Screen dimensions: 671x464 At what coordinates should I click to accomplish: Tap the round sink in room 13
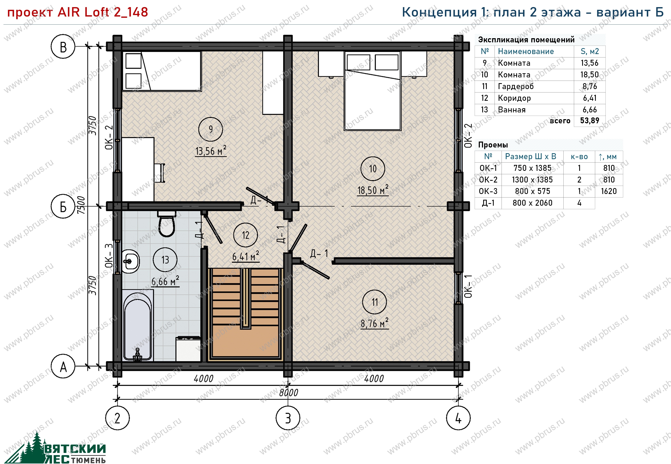[130, 261]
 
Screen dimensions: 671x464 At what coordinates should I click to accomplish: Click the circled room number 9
[211, 129]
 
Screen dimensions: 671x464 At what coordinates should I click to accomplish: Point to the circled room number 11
[375, 302]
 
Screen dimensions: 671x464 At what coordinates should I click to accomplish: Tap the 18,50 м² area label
[373, 190]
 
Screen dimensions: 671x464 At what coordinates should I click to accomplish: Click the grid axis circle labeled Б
[63, 207]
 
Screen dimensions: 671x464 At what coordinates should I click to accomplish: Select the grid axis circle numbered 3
[288, 418]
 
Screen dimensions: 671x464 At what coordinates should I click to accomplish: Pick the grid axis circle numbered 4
[458, 418]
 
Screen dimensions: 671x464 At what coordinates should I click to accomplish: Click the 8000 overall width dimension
[289, 393]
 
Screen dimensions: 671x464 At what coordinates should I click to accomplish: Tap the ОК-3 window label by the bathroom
[109, 256]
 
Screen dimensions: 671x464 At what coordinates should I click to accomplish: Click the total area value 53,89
[590, 120]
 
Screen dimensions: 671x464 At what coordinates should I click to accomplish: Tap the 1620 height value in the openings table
[609, 191]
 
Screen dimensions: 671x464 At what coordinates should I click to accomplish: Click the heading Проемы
[493, 145]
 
